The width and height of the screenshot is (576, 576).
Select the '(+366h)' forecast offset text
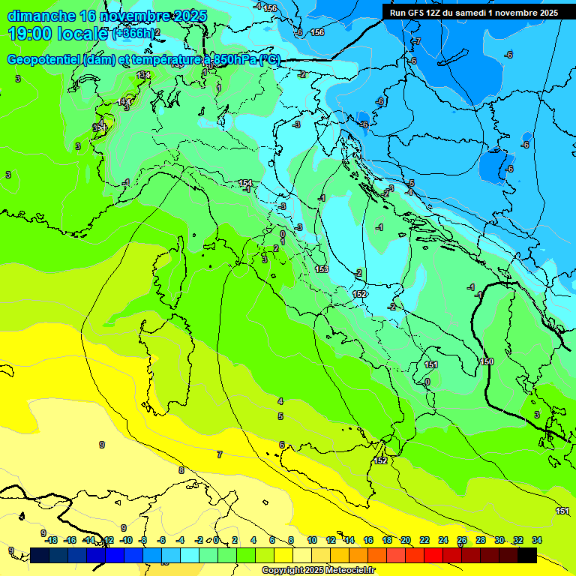pos(133,34)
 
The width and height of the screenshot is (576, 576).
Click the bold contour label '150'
pos(487,362)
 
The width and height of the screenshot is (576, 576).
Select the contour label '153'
pos(322,269)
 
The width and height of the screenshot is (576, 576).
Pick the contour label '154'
pos(245,183)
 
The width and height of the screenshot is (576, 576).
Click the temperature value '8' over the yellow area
pos(181,470)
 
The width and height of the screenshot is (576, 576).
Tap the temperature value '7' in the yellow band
pos(219,454)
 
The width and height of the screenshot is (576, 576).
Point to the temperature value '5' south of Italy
pos(280,416)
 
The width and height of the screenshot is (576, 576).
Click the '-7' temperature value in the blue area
pos(418,40)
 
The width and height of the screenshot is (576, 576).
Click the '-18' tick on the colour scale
pos(51,540)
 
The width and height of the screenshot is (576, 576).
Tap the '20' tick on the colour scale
pos(405,540)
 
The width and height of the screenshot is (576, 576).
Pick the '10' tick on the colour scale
pos(311,540)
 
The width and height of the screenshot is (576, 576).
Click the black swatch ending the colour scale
pos(526,555)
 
